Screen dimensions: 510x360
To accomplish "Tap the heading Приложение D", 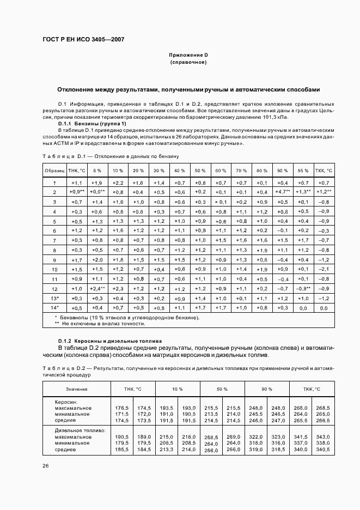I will click(x=188, y=56).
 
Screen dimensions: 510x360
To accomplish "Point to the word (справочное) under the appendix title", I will click(x=188, y=63).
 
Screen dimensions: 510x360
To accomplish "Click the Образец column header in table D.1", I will click(x=54, y=170).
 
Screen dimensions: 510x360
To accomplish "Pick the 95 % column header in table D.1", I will click(x=303, y=170).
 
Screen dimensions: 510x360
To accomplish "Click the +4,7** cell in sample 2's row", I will click(x=283, y=192).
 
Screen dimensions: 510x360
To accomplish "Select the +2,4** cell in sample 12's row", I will click(x=96, y=288).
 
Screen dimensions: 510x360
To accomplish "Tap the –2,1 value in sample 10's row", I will click(x=324, y=269).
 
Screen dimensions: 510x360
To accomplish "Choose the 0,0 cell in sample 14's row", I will click(x=324, y=308).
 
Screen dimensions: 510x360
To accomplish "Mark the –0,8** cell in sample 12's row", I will click(x=303, y=288).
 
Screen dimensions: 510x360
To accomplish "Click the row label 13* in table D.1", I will click(x=54, y=298).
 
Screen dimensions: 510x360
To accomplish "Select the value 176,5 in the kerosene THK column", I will click(x=123, y=408).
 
